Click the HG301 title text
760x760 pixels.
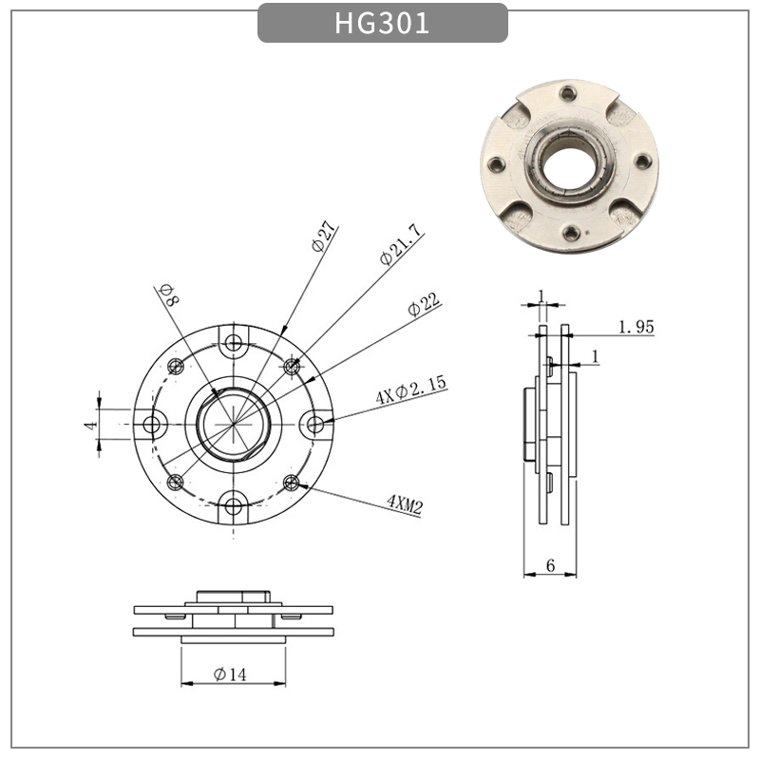382,23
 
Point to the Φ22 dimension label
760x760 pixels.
424,305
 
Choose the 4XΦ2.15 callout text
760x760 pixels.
410,390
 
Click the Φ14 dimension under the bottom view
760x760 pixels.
231,674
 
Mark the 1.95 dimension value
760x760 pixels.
636,328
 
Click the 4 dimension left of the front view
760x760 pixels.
90,425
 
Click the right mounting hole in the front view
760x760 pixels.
314,424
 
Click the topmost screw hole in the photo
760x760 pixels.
568,94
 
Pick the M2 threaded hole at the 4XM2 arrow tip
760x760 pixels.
292,483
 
